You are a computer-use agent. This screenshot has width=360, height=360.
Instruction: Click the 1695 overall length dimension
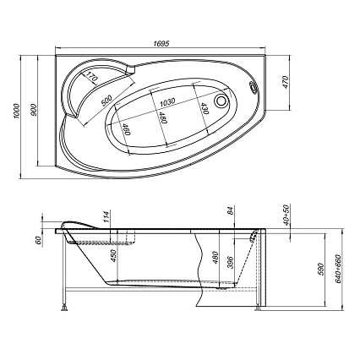point(161,44)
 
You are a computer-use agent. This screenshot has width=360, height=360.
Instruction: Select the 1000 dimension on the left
point(17,111)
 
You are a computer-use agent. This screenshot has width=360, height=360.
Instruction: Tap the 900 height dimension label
point(34,110)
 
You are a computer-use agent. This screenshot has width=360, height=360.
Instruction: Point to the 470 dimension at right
point(286,82)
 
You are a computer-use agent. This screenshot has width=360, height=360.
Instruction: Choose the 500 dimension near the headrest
point(106,101)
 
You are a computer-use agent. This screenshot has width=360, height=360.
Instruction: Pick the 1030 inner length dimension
point(167,101)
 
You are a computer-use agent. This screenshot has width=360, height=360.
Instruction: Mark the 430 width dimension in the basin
point(205,108)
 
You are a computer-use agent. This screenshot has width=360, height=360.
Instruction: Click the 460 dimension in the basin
point(127,129)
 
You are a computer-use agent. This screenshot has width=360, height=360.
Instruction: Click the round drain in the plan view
point(221,101)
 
